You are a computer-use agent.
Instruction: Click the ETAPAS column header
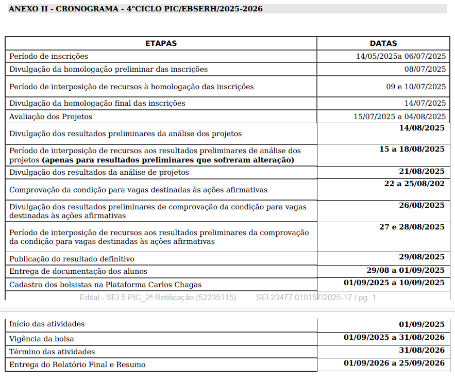click(161, 43)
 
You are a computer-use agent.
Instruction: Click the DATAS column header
click(383, 43)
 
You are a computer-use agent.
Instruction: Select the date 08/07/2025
click(425, 69)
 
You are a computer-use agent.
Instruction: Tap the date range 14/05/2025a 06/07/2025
click(400, 56)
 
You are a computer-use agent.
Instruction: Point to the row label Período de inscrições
click(48, 56)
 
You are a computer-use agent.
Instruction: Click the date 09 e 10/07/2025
click(416, 87)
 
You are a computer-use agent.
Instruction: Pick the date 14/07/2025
click(425, 103)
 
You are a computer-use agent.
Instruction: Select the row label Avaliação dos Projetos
click(50, 117)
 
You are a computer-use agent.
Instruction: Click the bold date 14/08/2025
click(422, 128)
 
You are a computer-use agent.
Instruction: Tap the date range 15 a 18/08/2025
click(412, 149)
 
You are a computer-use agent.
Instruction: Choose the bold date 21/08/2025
click(422, 171)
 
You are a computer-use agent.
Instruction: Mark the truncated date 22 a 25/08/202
click(414, 183)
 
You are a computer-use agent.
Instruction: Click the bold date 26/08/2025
click(422, 205)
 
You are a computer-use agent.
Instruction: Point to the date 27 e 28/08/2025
click(412, 227)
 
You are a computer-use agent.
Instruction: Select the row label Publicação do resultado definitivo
click(72, 258)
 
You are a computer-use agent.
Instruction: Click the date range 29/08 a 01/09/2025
click(405, 270)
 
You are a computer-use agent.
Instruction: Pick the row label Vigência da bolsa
click(41, 339)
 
